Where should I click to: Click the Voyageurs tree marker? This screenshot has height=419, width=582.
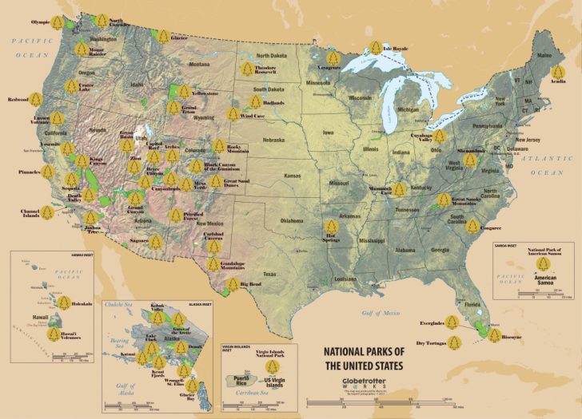pos(333,57)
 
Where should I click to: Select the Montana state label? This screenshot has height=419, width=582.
pos(199,65)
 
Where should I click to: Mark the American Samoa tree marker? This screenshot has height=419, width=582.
pos(544,265)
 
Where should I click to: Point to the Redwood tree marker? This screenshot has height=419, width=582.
pos(36,100)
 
